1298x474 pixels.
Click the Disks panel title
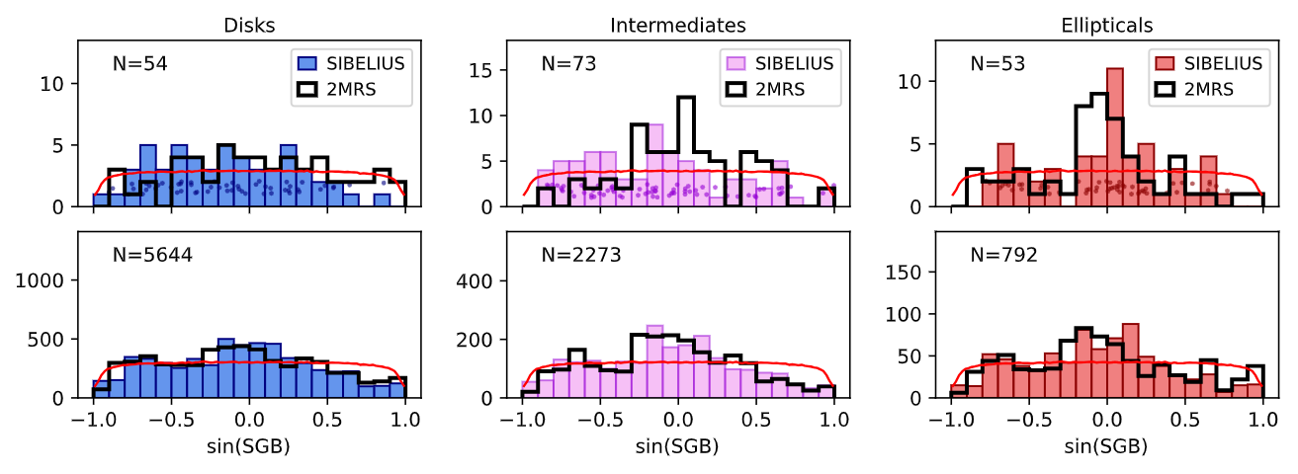tap(249, 24)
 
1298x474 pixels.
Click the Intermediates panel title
tap(678, 24)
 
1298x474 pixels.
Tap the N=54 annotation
tap(139, 64)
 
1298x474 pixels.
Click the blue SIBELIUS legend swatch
tap(312, 64)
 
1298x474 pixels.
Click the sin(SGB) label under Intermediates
tap(678, 446)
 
